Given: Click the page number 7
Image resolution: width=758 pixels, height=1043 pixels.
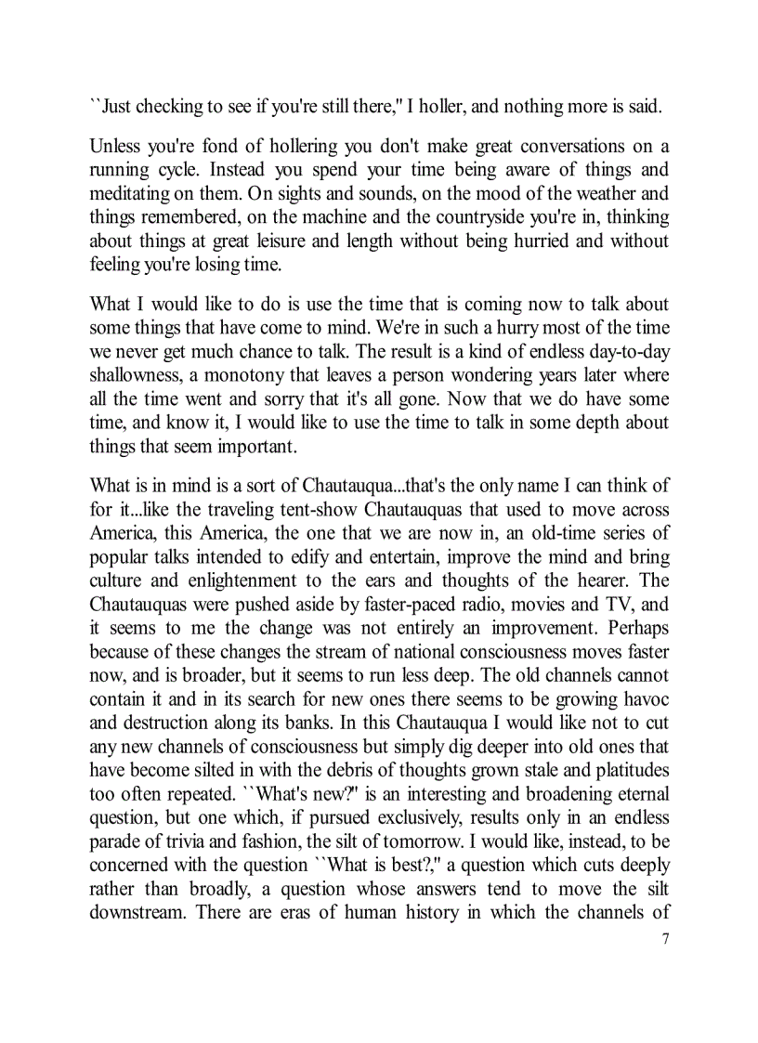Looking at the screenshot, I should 664,937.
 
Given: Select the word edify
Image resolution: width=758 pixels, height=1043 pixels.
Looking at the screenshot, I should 332,557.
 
